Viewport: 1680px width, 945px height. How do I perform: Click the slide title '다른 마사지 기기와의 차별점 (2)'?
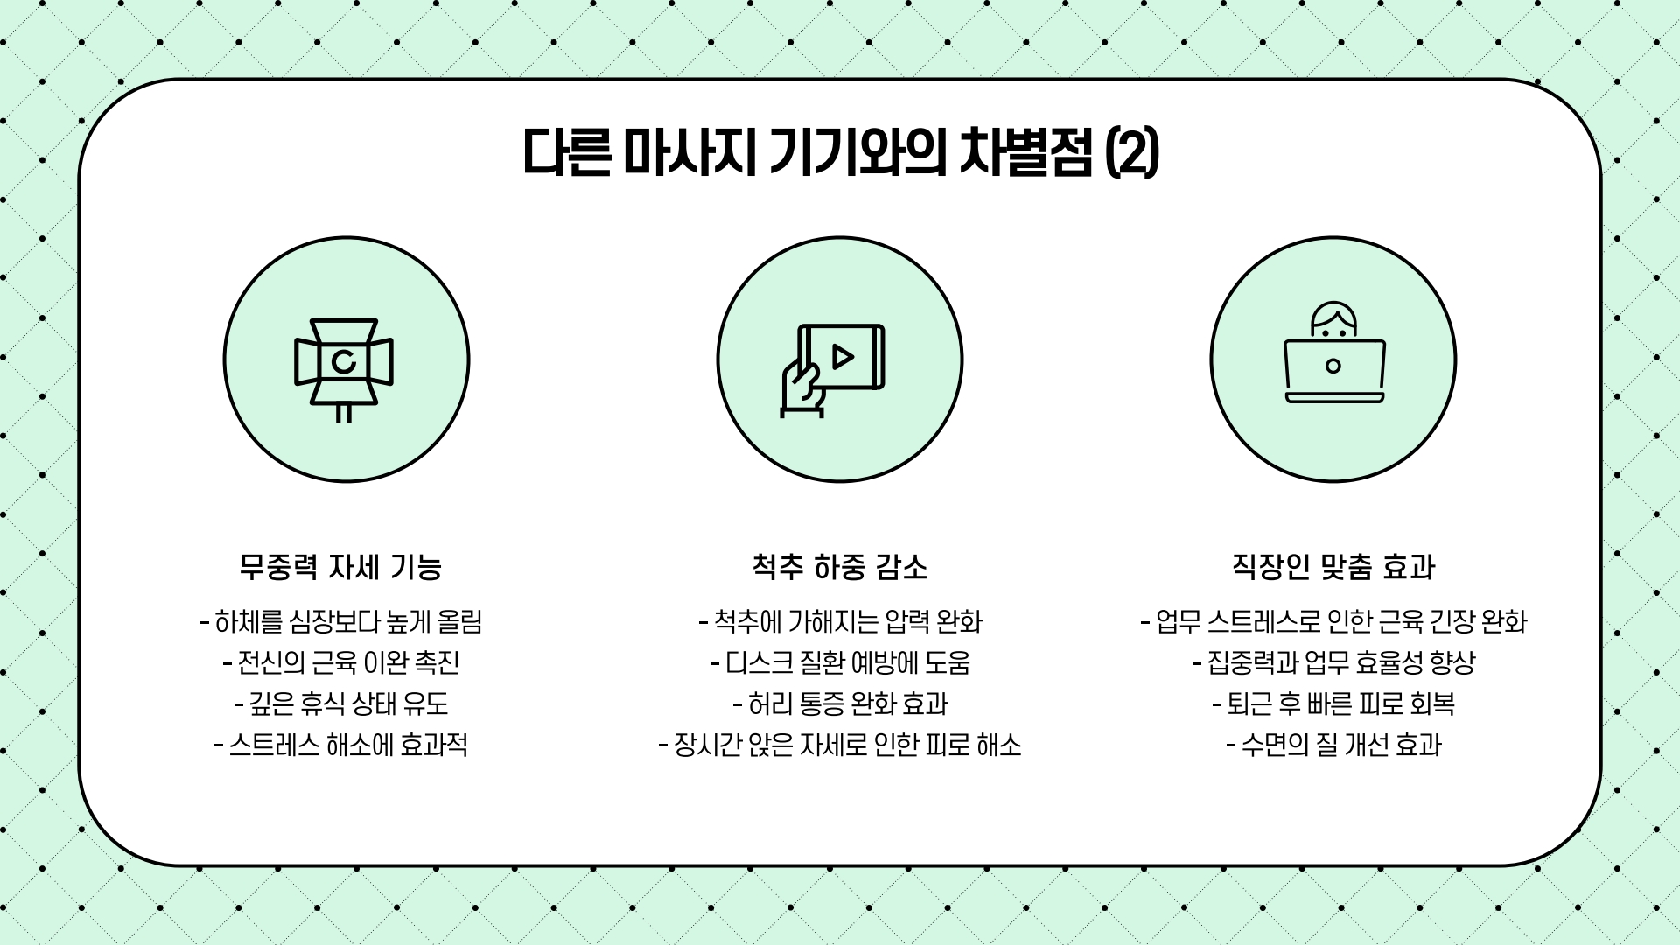840,154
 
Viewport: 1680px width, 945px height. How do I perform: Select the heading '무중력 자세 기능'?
340,568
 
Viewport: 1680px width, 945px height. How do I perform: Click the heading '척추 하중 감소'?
840,568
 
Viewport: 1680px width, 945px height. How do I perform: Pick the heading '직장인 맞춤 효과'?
1333,568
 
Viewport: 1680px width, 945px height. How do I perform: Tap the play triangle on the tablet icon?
843,357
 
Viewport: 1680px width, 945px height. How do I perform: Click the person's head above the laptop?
1333,320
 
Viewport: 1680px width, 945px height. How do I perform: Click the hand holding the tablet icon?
801,389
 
